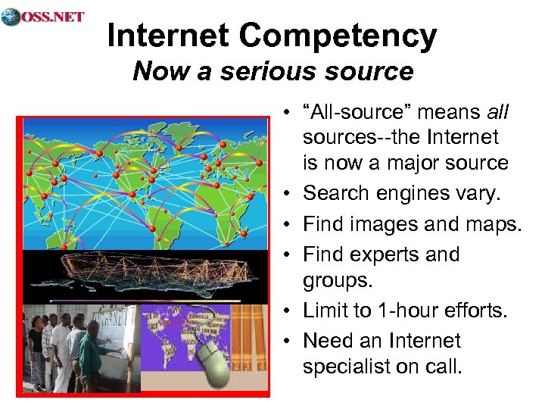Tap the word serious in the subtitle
click(254, 71)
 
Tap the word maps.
click(491, 224)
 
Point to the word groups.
click(338, 281)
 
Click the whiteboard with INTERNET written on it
click(110, 333)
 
